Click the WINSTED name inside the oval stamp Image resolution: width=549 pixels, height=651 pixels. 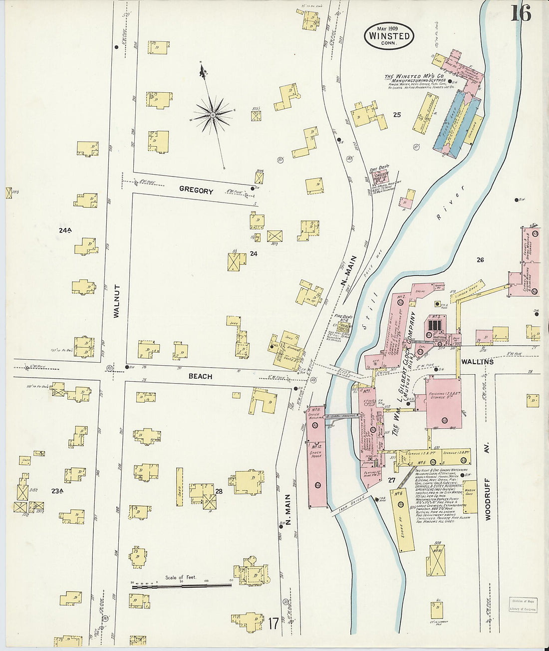point(389,36)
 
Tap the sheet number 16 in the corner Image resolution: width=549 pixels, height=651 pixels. point(520,13)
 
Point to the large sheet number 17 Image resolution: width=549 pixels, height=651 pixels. point(273,623)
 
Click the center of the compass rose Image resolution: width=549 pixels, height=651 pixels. point(213,115)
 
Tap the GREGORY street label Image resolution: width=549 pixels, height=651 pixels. point(196,191)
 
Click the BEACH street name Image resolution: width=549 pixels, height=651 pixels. point(200,377)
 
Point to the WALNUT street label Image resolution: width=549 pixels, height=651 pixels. point(117,301)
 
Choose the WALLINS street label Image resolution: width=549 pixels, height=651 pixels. point(477,361)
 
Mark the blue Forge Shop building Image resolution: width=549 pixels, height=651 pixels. point(448,125)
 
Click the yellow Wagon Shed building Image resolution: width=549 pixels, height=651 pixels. point(470,496)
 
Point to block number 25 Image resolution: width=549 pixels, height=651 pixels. point(397,115)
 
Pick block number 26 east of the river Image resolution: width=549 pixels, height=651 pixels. point(480,259)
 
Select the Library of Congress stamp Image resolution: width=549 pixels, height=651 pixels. point(523,604)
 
